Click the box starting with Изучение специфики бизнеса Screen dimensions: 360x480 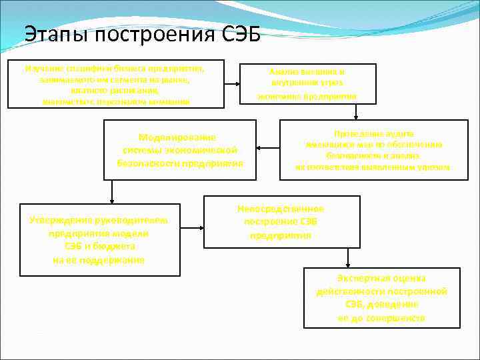[115, 85]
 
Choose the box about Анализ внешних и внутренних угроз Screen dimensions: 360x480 [307, 83]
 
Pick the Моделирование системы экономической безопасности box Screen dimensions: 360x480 [179, 150]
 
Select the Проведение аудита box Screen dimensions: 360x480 [373, 150]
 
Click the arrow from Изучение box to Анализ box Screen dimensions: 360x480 [231, 84]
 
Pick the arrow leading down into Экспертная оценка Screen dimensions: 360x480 [346, 258]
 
